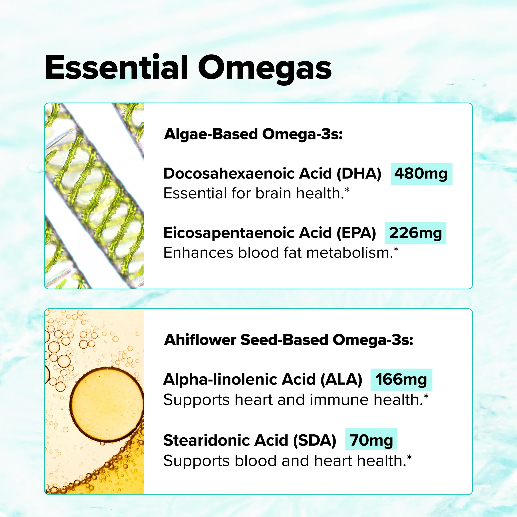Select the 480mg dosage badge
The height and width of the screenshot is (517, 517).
click(421, 174)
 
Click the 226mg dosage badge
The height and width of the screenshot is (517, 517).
click(415, 233)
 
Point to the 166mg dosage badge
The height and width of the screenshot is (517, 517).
click(401, 379)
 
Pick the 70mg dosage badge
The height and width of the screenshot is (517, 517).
click(371, 440)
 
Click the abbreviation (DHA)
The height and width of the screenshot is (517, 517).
click(359, 174)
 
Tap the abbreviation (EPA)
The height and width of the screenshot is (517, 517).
click(356, 233)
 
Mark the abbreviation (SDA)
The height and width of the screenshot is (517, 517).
click(315, 440)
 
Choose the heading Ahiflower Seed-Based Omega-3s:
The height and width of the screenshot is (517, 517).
click(289, 340)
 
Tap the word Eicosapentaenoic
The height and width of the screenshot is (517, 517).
click(229, 233)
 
